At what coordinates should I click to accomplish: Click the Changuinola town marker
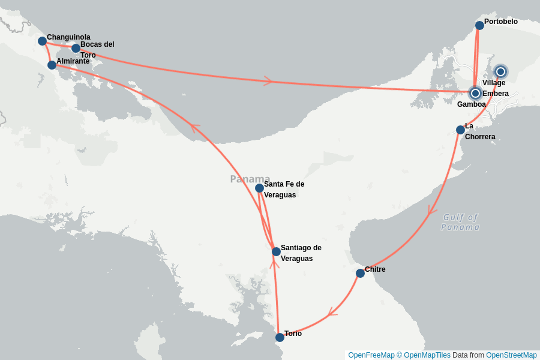pos(42,41)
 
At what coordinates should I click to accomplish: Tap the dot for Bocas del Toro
pos(76,48)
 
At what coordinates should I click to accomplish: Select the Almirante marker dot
pos(52,65)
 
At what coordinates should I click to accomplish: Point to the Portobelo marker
pos(479,25)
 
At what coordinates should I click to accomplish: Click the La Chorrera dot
pos(460,130)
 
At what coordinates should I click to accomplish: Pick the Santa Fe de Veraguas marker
pos(259,188)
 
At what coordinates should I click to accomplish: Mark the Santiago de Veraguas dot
pos(276,251)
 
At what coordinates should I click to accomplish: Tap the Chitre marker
pos(360,273)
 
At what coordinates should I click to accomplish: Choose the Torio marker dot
pos(280,337)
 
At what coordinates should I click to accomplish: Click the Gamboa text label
pos(471,104)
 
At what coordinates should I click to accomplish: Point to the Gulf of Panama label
pos(461,222)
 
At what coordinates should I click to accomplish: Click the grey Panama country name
pos(250,179)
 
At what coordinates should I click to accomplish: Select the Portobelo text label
pos(500,22)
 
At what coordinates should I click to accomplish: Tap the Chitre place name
pos(375,269)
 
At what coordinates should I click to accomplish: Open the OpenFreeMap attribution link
pos(371,355)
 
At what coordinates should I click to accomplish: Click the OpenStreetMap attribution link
pos(511,355)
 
